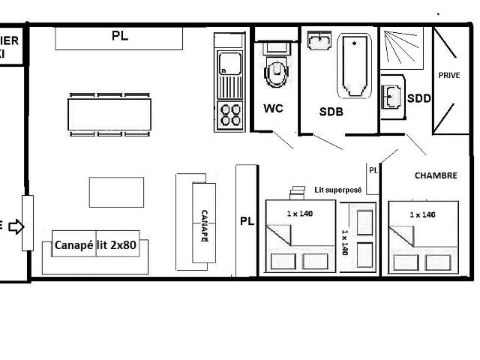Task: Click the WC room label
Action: [x=273, y=109]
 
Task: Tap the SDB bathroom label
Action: [x=331, y=112]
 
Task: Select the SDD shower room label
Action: [x=418, y=98]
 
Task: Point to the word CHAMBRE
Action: [x=436, y=175]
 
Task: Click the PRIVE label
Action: [x=448, y=75]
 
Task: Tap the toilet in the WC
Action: [x=277, y=72]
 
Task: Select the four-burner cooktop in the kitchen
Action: [x=230, y=115]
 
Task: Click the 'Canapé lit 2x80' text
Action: [x=95, y=245]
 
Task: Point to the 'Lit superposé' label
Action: [x=337, y=190]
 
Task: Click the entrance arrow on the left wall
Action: [x=16, y=226]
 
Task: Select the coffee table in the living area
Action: [x=115, y=192]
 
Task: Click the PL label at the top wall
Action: [x=119, y=35]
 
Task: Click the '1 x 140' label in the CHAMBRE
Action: [x=422, y=214]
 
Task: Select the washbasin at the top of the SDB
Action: [x=320, y=37]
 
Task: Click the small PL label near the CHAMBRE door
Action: [x=373, y=170]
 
